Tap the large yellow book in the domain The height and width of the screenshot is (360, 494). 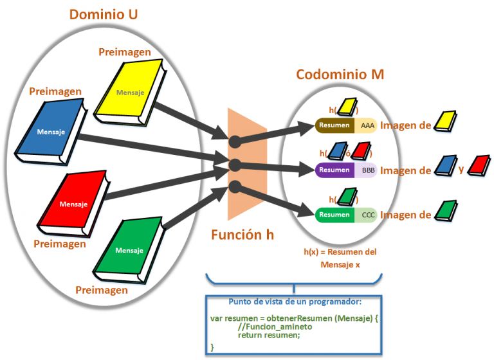coord(129,91)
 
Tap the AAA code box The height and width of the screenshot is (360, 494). coord(367,125)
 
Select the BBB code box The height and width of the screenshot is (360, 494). coord(367,170)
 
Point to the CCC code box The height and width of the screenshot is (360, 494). coord(367,215)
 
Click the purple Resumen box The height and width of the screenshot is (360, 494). coord(334,170)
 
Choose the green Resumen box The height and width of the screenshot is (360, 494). coord(334,215)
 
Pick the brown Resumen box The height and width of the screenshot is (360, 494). coord(334,125)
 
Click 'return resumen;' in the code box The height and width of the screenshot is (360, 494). coord(269,335)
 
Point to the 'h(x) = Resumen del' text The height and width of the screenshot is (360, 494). coord(340,252)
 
